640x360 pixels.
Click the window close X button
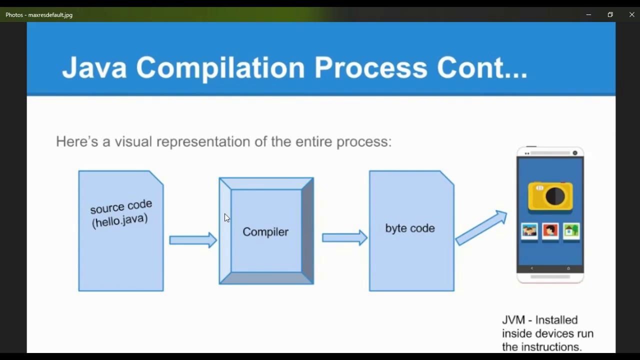point(631,15)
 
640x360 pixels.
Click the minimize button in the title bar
point(588,15)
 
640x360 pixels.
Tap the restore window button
point(610,15)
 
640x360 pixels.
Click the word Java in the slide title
point(94,67)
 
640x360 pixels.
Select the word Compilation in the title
point(220,67)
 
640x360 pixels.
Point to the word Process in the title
point(370,67)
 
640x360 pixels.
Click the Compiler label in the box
point(265,232)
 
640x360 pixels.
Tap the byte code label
point(410,228)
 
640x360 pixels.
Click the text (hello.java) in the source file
point(120,220)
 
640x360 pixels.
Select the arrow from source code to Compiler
point(193,240)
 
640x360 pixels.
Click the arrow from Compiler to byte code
point(344,238)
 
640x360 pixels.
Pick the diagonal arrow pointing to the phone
point(481,228)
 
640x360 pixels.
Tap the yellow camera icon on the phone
point(550,196)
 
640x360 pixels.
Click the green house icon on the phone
point(571,231)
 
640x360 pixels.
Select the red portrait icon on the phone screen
point(550,231)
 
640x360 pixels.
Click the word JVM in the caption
point(514,320)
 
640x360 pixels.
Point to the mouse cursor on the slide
point(226,217)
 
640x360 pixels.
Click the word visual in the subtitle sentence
point(133,141)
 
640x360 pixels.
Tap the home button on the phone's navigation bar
point(568,268)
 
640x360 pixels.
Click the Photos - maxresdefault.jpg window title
point(39,15)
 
